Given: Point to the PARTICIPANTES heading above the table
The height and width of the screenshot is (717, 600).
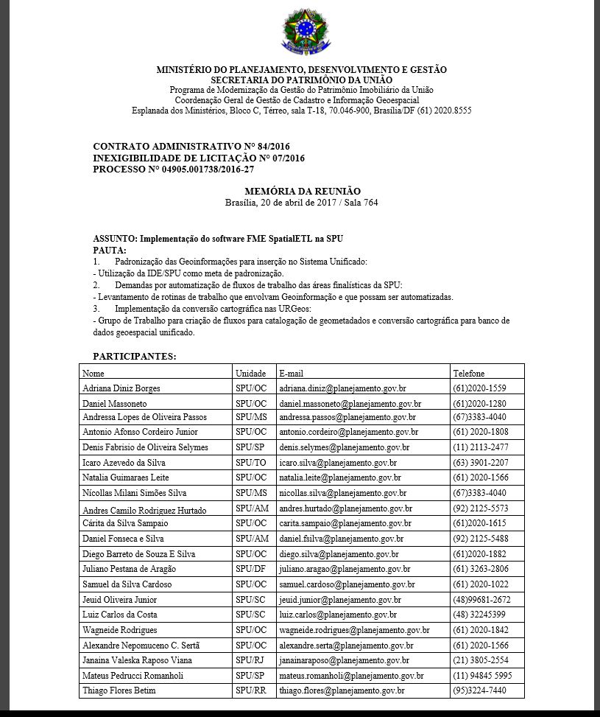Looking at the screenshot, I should pos(135,356).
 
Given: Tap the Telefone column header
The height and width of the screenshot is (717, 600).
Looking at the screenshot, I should pos(469,373).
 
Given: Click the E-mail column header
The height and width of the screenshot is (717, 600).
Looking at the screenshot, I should pos(291,373).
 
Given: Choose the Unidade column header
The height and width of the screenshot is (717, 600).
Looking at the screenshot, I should pos(250,373).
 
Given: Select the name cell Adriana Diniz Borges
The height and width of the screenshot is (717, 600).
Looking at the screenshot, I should pos(121,388).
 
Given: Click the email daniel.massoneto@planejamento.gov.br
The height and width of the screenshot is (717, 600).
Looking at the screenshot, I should pos(350,404).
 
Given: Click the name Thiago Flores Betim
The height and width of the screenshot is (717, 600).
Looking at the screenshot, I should pos(119,690).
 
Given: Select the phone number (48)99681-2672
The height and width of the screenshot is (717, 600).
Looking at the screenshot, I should pos(481,600).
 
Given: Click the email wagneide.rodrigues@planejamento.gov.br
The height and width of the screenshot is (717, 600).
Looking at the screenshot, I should pos(353,630).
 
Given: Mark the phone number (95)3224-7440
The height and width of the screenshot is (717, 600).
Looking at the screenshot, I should pos(479,690).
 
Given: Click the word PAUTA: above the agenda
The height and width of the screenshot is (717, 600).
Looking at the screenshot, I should pos(110,251).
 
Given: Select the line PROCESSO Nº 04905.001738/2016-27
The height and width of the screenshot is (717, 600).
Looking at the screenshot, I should pos(174,169).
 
